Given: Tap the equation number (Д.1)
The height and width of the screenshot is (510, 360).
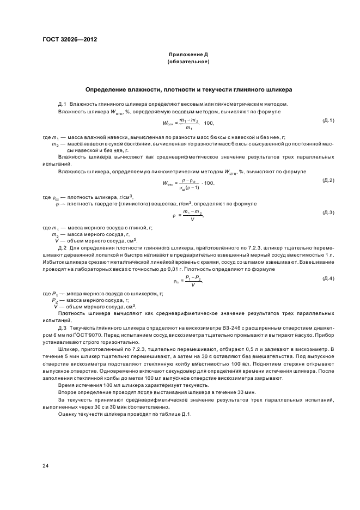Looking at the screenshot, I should (x=328, y=120).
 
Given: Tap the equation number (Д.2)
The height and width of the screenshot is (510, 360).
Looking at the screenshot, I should (x=328, y=180).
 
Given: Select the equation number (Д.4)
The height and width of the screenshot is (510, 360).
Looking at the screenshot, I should (x=328, y=278).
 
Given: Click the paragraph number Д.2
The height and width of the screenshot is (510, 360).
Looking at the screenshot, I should (x=62, y=247).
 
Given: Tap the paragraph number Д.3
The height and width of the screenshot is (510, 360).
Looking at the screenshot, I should (x=62, y=328).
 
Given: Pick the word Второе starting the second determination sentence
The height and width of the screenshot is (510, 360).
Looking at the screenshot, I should (x=68, y=392).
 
